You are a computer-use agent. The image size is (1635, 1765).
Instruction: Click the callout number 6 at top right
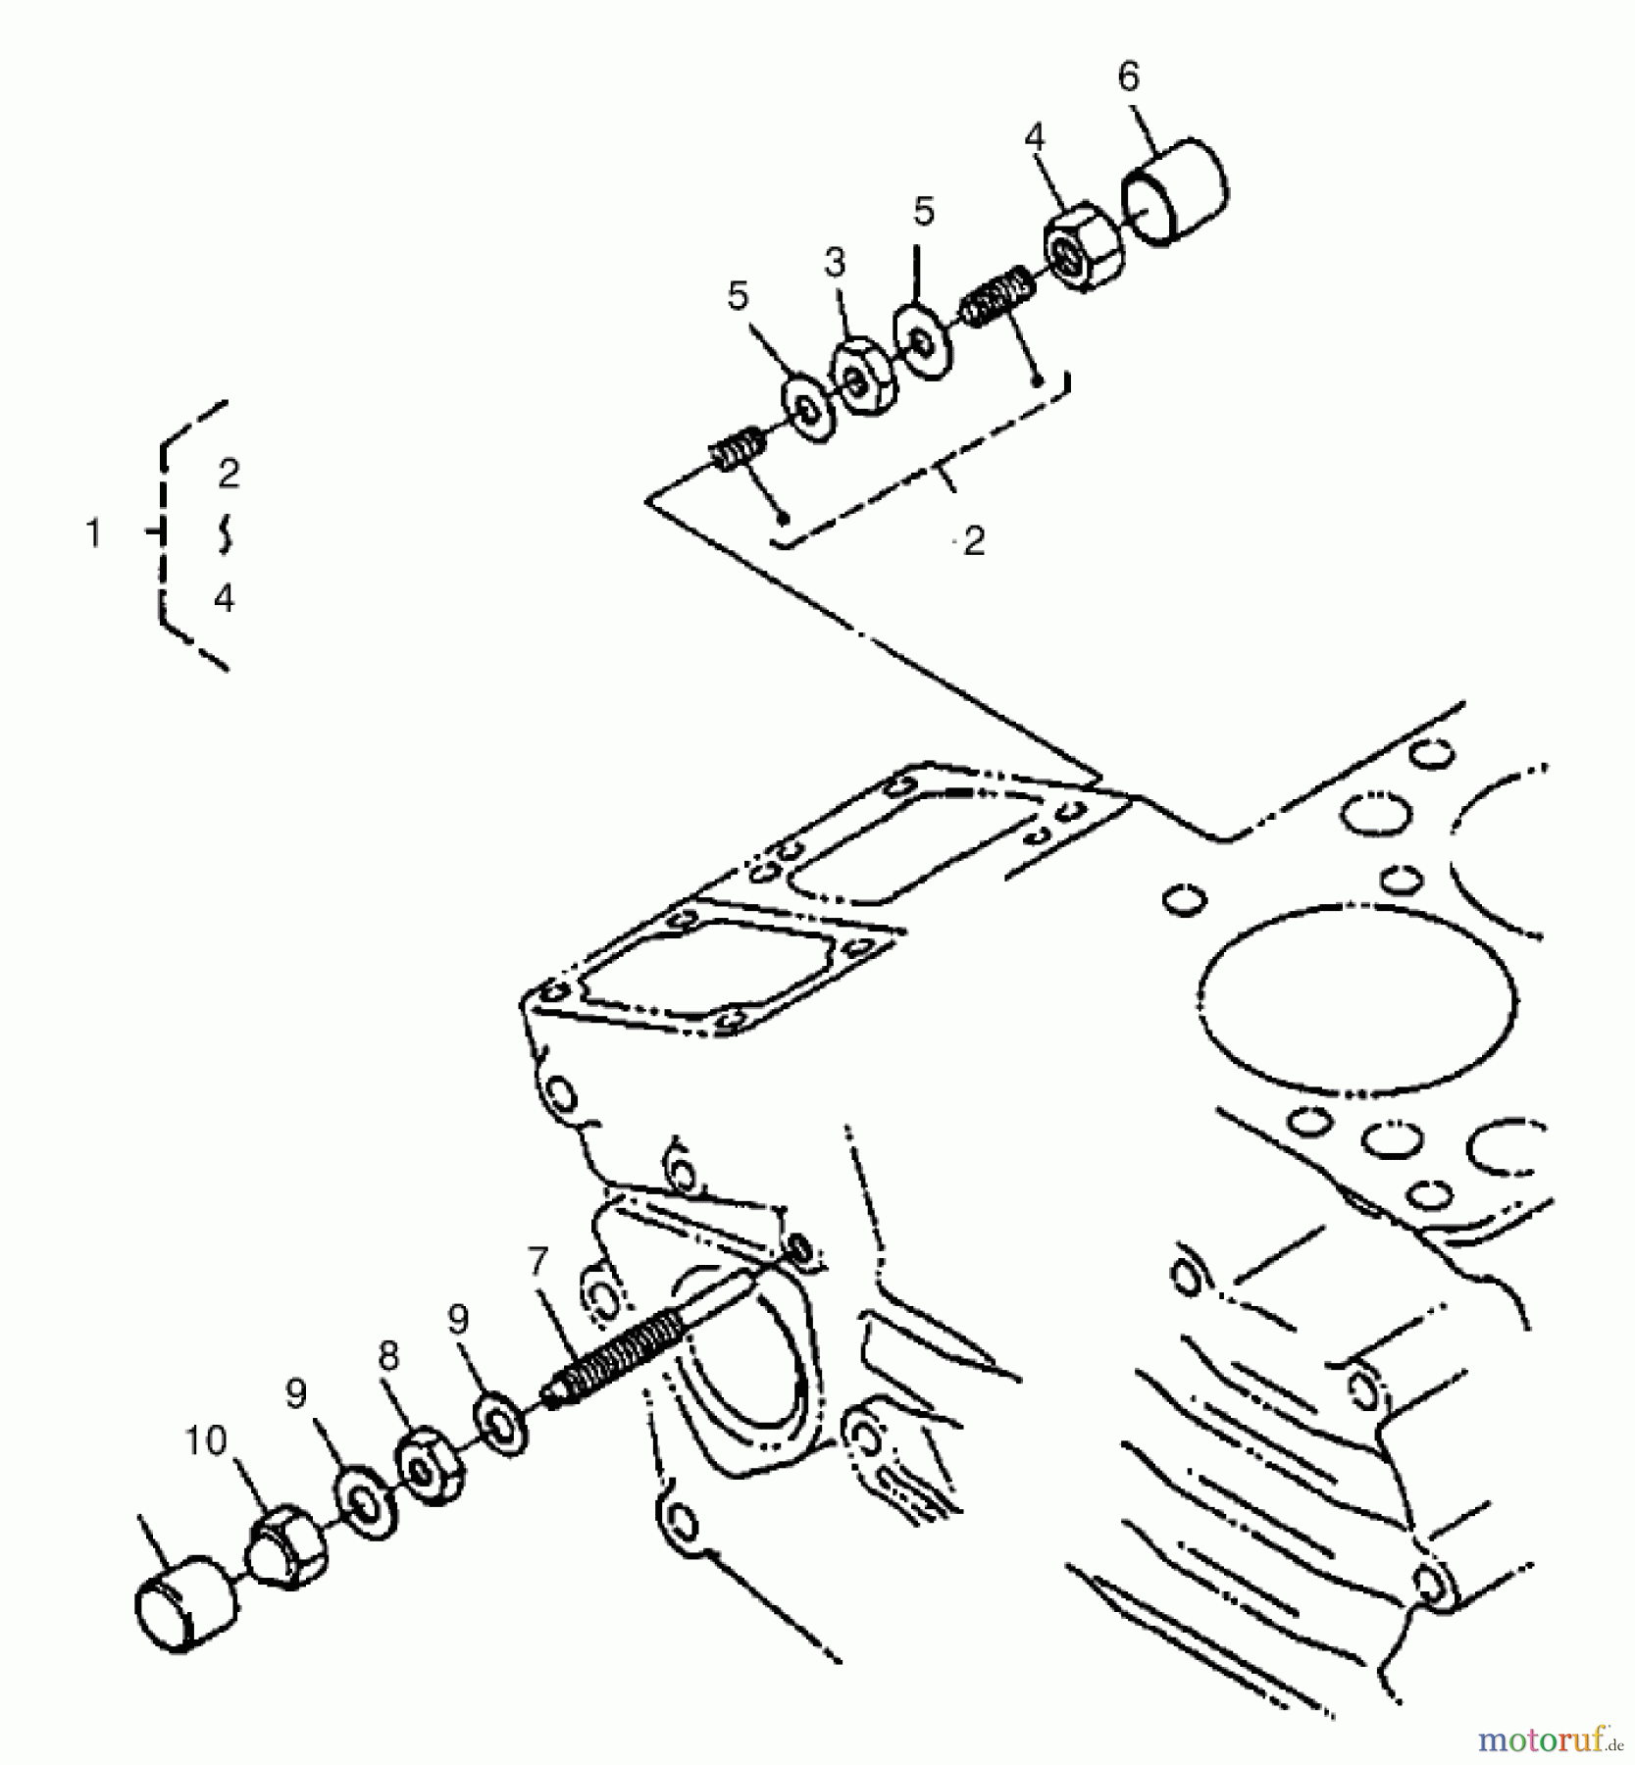pos(1129,76)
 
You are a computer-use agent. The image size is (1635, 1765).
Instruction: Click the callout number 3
pos(834,263)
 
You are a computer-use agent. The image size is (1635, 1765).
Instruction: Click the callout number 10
pos(206,1440)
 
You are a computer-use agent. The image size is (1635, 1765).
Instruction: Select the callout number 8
pos(388,1357)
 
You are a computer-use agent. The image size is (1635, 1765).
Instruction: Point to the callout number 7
pos(536,1260)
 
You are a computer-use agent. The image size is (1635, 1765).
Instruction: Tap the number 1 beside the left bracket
pos(93,533)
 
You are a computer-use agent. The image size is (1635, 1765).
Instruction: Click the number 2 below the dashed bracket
pos(973,541)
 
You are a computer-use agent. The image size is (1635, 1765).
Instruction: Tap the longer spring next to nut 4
pos(996,295)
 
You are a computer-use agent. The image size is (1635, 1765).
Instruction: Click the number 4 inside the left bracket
pos(225,597)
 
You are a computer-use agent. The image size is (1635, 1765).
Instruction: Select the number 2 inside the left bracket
pos(228,475)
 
